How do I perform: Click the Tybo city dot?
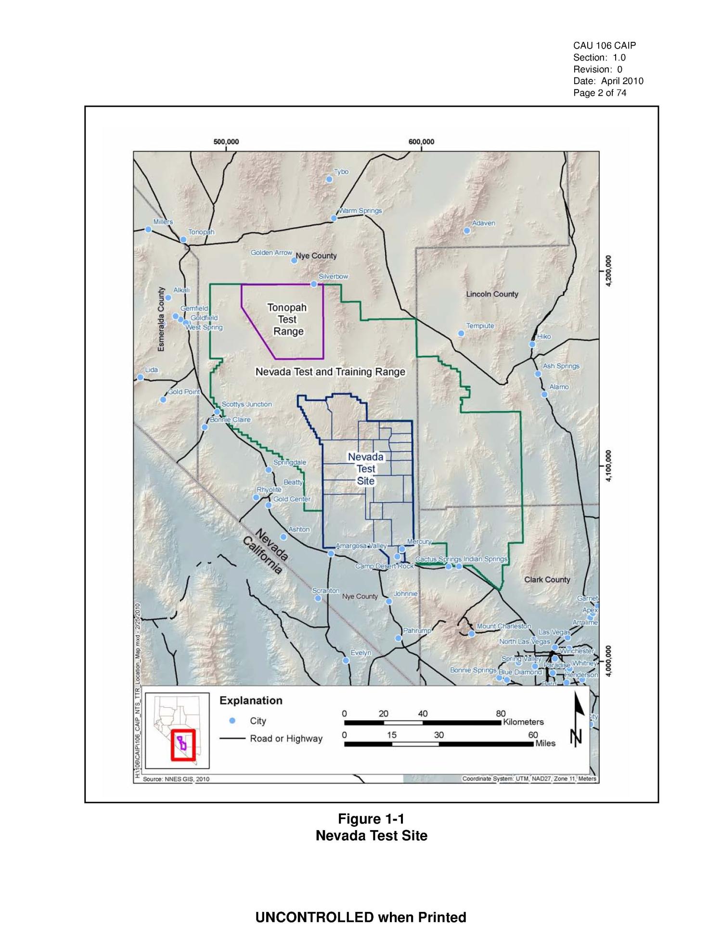(x=329, y=179)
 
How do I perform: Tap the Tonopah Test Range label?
(x=287, y=319)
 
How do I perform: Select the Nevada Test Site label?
(x=366, y=468)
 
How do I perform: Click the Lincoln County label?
(x=492, y=294)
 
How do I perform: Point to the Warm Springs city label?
(x=360, y=211)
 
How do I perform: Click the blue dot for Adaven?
(x=467, y=230)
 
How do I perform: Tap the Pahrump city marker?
(x=398, y=638)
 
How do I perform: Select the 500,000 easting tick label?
(x=226, y=142)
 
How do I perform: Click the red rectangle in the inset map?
(x=183, y=745)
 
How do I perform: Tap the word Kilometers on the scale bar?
(x=523, y=722)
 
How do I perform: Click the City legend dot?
(x=232, y=720)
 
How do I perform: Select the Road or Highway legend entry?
(x=286, y=738)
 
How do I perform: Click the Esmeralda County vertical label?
(x=161, y=319)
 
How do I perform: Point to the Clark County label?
(x=547, y=579)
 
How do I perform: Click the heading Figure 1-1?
(x=371, y=819)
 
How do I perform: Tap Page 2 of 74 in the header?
(x=600, y=93)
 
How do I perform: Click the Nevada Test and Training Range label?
(x=330, y=372)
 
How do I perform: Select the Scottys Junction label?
(x=246, y=404)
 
